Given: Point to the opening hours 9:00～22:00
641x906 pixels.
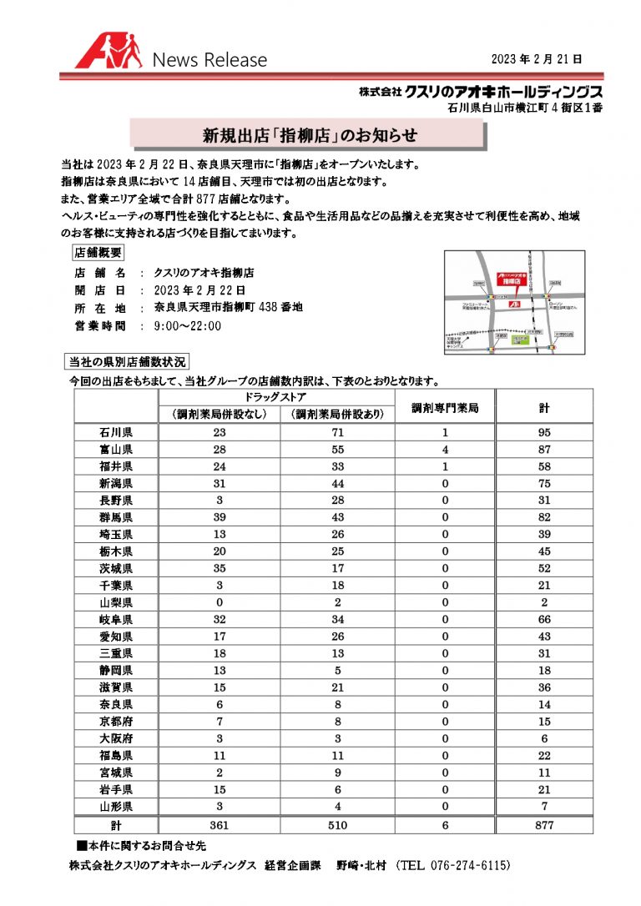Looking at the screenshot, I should tap(188, 325).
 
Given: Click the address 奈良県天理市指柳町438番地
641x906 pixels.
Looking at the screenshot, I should tap(228, 307).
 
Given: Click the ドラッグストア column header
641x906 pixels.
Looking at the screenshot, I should tap(277, 395).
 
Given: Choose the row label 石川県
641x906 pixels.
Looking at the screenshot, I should tap(116, 432).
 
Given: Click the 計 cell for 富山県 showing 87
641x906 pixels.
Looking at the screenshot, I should tap(543, 449).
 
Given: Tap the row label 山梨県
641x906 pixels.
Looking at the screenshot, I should tap(116, 602).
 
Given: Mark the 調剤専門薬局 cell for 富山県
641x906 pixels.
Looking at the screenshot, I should tap(446, 449).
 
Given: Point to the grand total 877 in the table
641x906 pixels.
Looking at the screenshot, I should tap(543, 824).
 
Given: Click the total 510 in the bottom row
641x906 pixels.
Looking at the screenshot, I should tap(337, 824).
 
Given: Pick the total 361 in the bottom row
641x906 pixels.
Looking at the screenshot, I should tap(220, 824).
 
